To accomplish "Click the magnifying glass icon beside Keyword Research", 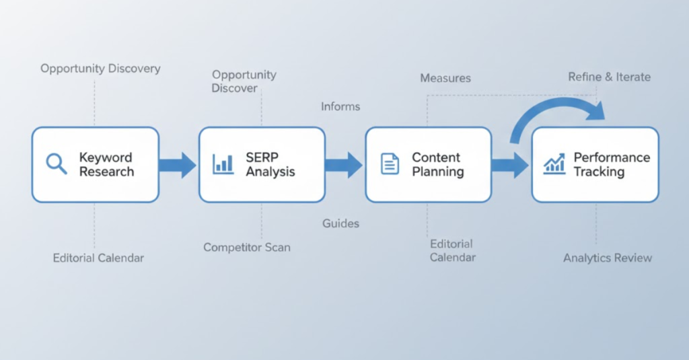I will pyautogui.click(x=56, y=164).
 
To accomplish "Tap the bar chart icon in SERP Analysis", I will pyautogui.click(x=223, y=164).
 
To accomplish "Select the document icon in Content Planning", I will pyautogui.click(x=390, y=164).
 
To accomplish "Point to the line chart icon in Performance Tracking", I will pyautogui.click(x=554, y=164).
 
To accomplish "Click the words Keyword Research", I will pyautogui.click(x=106, y=164).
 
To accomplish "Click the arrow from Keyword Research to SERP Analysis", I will pyautogui.click(x=178, y=164).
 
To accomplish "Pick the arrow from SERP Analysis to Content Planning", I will pyautogui.click(x=344, y=164).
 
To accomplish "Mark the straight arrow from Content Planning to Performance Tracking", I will pyautogui.click(x=511, y=164).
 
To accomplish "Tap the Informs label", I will pyautogui.click(x=340, y=106).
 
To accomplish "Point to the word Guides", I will pyautogui.click(x=340, y=223).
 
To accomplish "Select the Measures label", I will pyautogui.click(x=445, y=78).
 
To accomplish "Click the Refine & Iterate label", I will pyautogui.click(x=610, y=77).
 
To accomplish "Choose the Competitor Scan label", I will pyautogui.click(x=247, y=248).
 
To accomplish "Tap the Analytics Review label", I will pyautogui.click(x=608, y=258).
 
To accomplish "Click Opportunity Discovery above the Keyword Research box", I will pyautogui.click(x=100, y=69).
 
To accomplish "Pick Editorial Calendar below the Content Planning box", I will pyautogui.click(x=451, y=250).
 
